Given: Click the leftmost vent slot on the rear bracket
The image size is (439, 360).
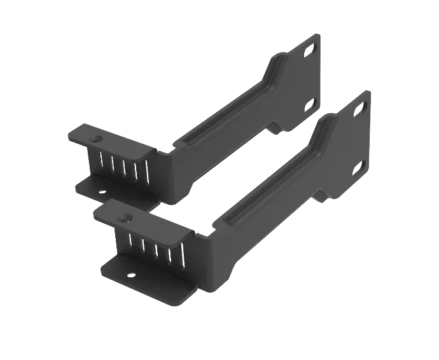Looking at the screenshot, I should point(102,164).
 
